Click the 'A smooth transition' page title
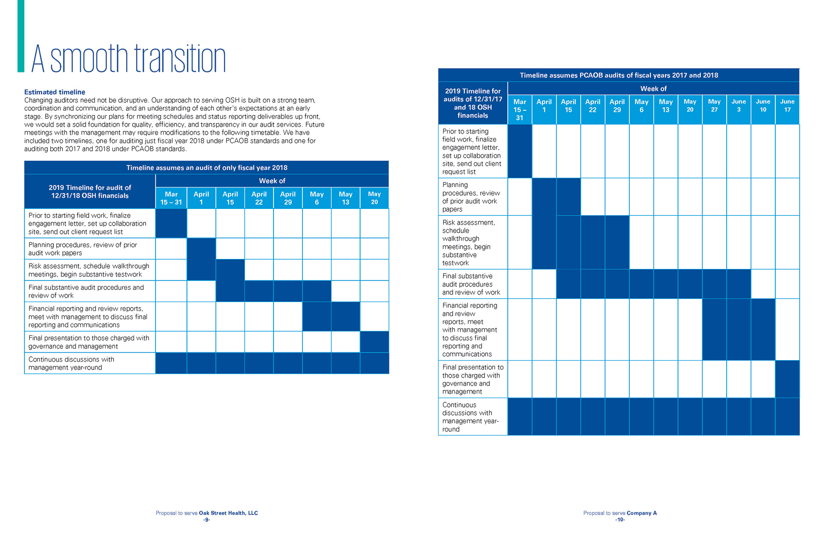pyautogui.click(x=128, y=59)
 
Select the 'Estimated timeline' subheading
pyautogui.click(x=55, y=92)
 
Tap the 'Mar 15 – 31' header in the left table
pyautogui.click(x=171, y=198)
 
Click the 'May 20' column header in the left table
pyautogui.click(x=374, y=198)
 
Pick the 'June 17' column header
pyautogui.click(x=787, y=106)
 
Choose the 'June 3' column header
pyautogui.click(x=738, y=106)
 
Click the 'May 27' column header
pyautogui.click(x=714, y=106)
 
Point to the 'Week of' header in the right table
pyautogui.click(x=653, y=89)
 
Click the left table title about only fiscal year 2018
pyautogui.click(x=207, y=168)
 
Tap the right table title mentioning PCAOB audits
pyautogui.click(x=619, y=75)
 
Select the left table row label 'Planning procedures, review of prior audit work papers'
pyautogui.click(x=83, y=249)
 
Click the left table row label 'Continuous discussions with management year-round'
pyautogui.click(x=72, y=363)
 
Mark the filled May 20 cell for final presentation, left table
pyautogui.click(x=374, y=342)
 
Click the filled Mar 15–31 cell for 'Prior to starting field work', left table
pyautogui.click(x=171, y=224)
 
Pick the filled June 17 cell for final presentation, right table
pyautogui.click(x=787, y=379)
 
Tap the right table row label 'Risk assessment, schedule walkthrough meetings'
pyautogui.click(x=469, y=243)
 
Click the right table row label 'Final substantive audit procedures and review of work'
pyautogui.click(x=471, y=284)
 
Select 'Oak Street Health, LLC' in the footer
pyautogui.click(x=228, y=513)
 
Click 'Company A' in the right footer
pyautogui.click(x=641, y=513)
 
